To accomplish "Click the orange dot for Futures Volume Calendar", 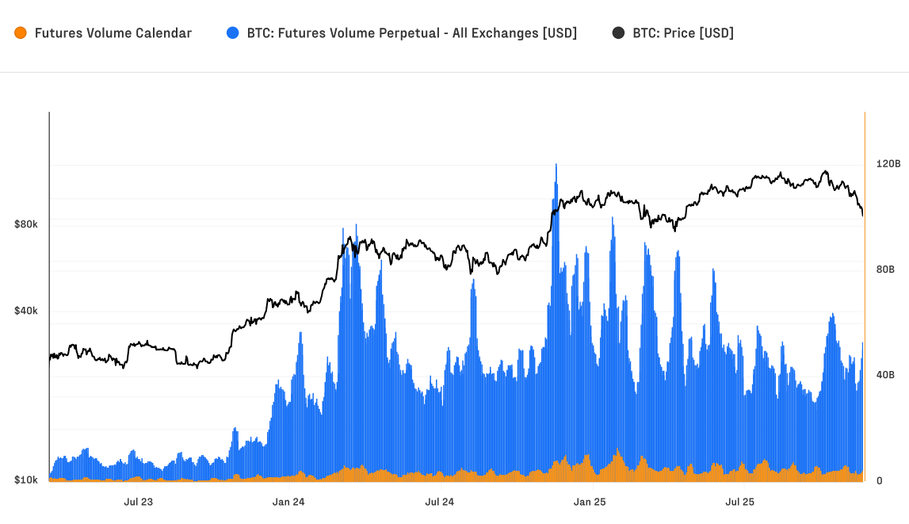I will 21,33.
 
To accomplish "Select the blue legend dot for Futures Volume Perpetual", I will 232,33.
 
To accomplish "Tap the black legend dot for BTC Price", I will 618,33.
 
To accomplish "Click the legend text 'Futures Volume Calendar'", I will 113,33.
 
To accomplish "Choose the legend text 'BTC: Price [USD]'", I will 682,33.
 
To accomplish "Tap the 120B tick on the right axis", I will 888,164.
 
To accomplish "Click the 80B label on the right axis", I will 885,270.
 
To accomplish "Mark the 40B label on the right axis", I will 885,375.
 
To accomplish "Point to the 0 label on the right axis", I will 879,480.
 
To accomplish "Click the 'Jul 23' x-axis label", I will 138,502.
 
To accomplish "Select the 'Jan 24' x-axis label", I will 288,502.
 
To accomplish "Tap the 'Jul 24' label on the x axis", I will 439,502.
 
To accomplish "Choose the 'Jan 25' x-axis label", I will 590,502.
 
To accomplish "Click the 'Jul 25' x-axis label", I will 740,502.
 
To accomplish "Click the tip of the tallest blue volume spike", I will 556,164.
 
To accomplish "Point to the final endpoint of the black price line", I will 862,215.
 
